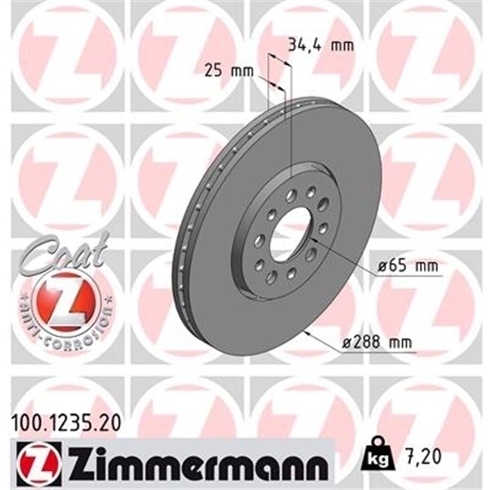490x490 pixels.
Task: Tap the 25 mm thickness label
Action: tap(225, 71)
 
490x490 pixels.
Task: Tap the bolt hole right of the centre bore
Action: tap(322, 228)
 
